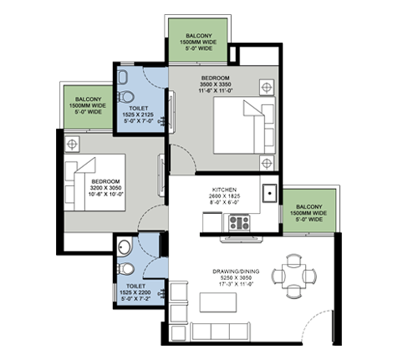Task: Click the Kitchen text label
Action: (x=227, y=196)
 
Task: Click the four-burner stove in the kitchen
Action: (x=241, y=223)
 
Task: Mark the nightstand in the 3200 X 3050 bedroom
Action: (x=73, y=145)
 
